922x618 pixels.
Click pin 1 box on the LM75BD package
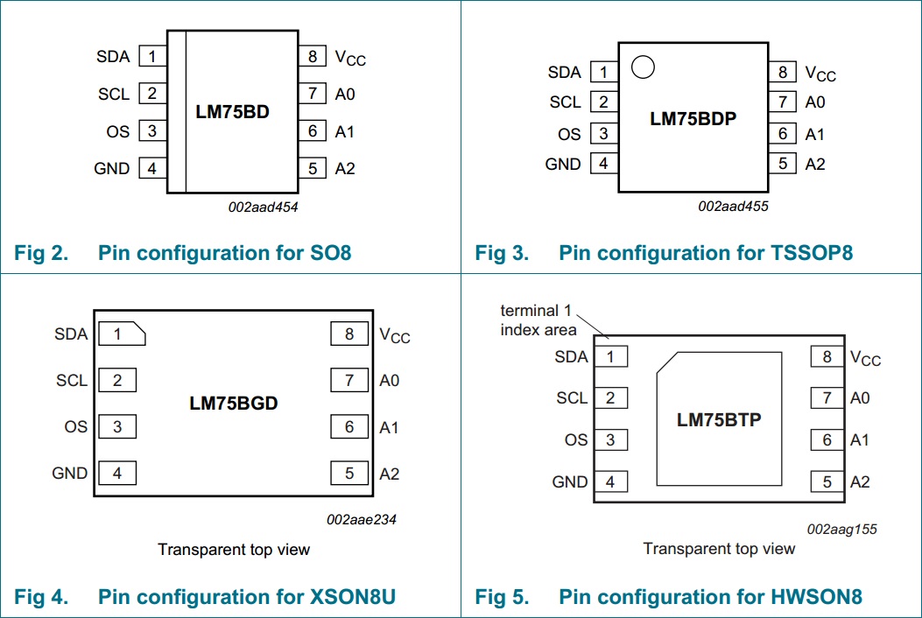pos(151,57)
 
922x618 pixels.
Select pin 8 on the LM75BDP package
pos(782,73)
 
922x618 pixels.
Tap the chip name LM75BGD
pos(233,404)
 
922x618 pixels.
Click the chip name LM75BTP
pos(719,420)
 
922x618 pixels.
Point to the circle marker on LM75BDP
pos(644,67)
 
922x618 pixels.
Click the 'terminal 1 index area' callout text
pos(538,320)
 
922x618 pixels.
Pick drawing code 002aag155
pos(841,529)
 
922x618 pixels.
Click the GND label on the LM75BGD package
pos(70,473)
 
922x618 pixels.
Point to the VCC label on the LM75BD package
pos(350,58)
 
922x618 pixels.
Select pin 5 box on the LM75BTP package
pos(827,481)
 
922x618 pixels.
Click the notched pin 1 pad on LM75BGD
pos(121,334)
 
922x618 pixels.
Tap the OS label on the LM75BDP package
pos(569,134)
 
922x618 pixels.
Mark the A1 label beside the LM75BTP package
pos(860,439)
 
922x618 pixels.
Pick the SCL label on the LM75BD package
pos(114,94)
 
